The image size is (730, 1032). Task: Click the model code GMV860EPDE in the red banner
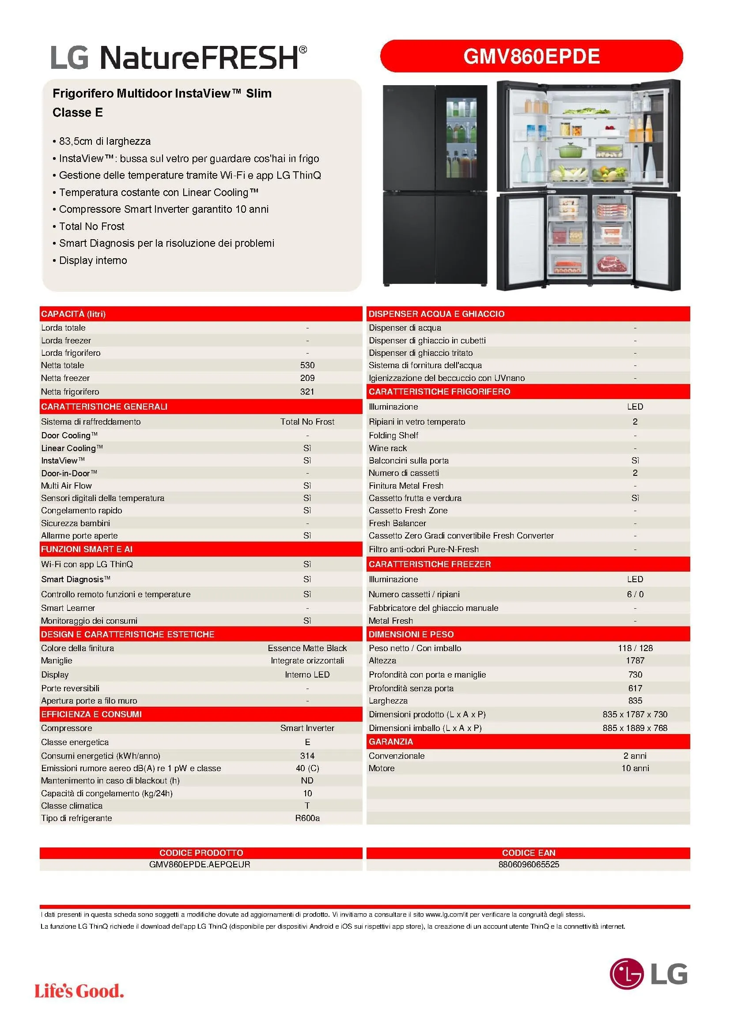(531, 56)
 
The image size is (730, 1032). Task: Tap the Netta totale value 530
(307, 365)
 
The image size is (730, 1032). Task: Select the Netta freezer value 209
(307, 378)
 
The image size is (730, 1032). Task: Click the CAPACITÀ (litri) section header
(73, 314)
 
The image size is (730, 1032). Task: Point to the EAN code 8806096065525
(529, 864)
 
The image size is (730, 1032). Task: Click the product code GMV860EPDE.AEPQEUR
(200, 864)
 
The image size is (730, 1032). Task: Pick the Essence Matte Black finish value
(307, 648)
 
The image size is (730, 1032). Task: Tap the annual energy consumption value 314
(307, 756)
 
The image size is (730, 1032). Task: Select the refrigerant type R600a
(307, 818)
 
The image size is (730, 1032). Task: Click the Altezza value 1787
(635, 660)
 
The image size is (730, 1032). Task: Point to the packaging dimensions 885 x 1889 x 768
(635, 728)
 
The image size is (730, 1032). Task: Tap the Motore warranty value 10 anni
(635, 768)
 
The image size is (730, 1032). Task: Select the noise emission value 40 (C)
(307, 768)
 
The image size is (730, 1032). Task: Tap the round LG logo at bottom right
(626, 974)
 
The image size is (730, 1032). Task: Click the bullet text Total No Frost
(92, 226)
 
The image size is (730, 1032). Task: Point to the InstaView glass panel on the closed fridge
(461, 139)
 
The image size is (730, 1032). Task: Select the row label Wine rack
(388, 448)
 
